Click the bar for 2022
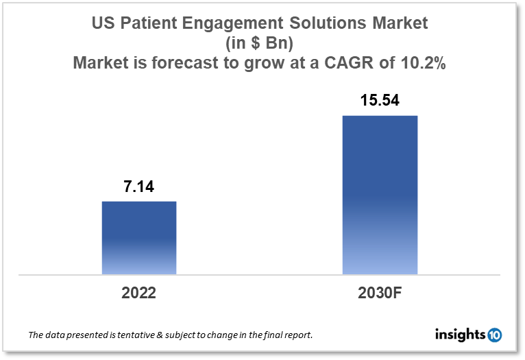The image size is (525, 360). [139, 238]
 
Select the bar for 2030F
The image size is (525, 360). [380, 195]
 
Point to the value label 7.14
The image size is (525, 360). [139, 187]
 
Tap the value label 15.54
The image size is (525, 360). [380, 101]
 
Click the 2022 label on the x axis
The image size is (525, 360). [139, 293]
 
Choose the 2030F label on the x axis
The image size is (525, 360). [380, 293]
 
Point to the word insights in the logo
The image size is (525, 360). [461, 335]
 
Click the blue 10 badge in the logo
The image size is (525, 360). [494, 335]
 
